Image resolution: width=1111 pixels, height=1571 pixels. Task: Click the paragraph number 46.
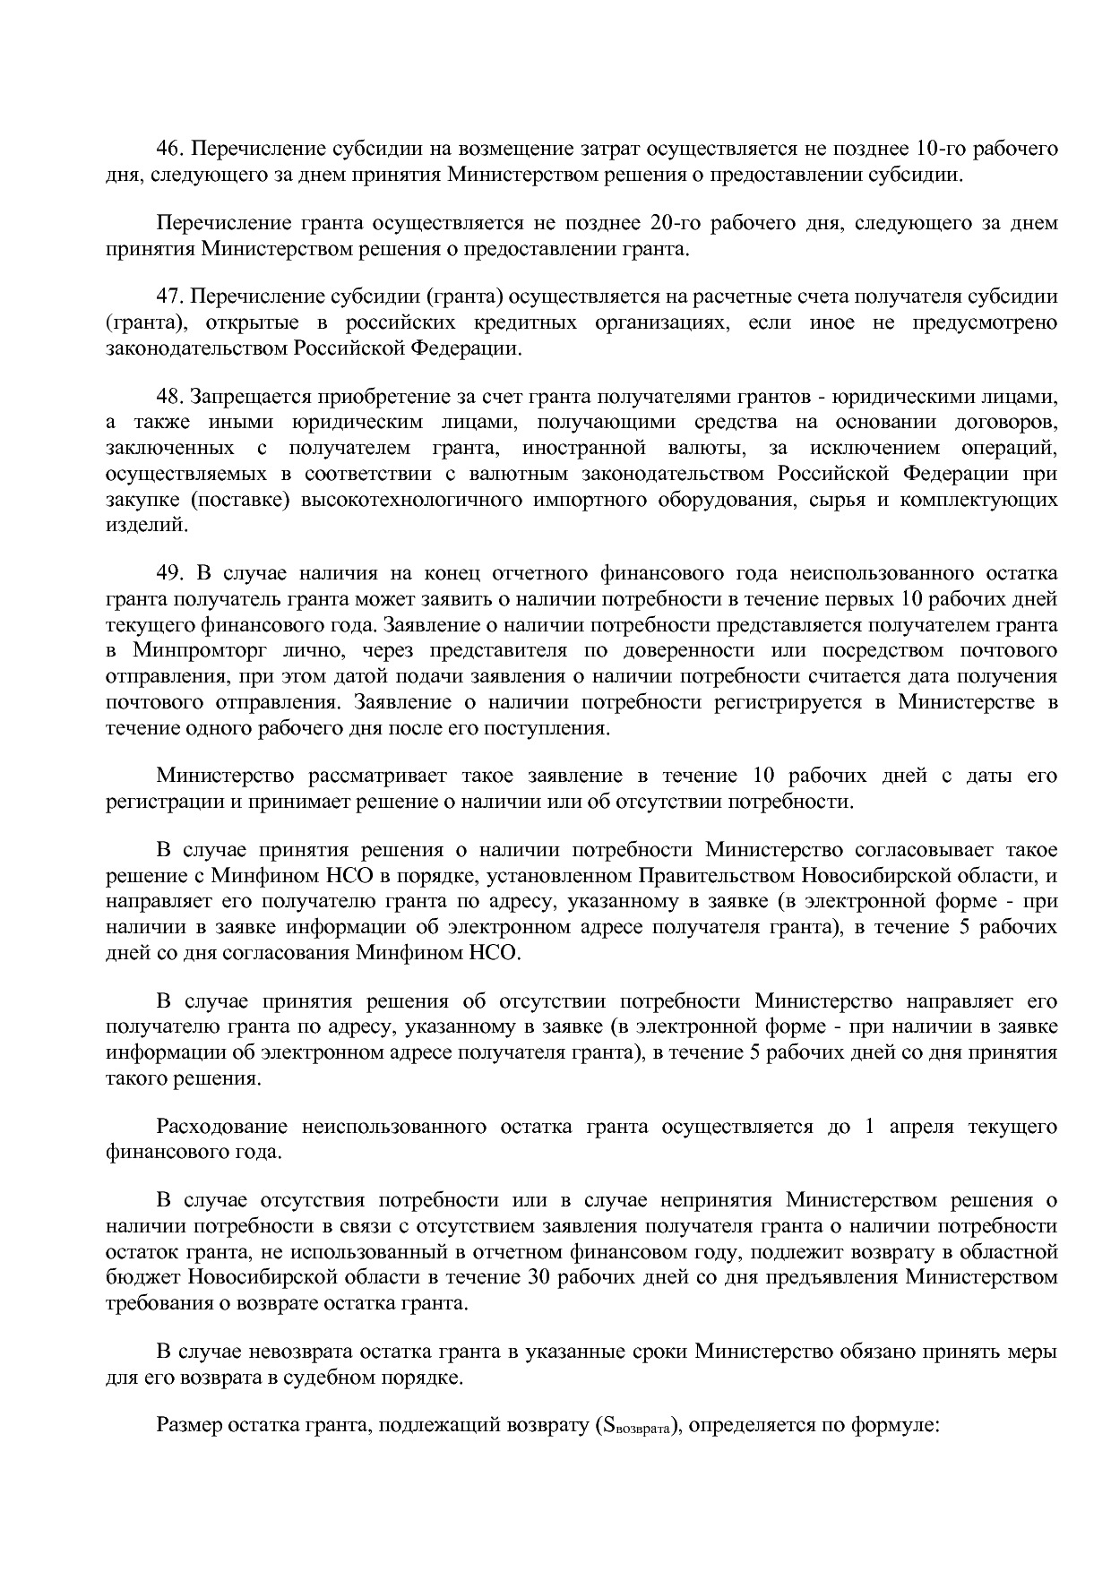tap(169, 148)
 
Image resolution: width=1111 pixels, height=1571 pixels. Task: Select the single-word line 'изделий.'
tap(147, 526)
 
